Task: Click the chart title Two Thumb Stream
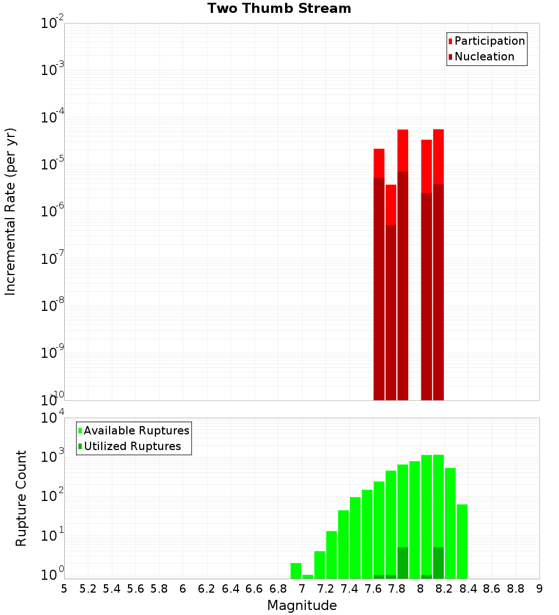tap(279, 8)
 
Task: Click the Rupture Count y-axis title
tap(21, 498)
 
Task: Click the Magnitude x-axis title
tap(302, 605)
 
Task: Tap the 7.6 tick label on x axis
tap(373, 589)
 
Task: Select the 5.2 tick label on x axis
tap(88, 589)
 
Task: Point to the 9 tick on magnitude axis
tap(539, 589)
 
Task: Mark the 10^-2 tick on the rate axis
tap(52, 23)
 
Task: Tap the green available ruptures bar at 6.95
tap(296, 571)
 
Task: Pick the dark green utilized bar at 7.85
tap(402, 563)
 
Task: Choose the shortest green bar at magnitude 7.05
tap(307, 576)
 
